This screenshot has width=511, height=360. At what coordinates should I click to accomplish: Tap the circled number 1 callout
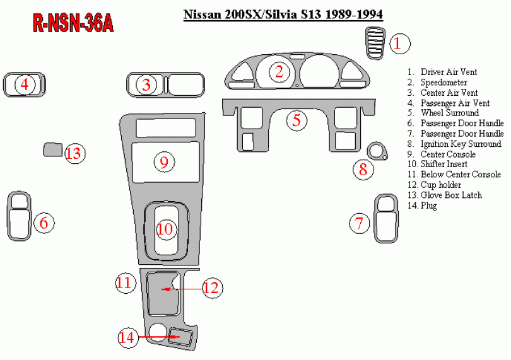pos(399,44)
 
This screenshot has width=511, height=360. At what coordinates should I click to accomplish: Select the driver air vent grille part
pos(374,44)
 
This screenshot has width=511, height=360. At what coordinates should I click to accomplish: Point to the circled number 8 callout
pos(363,169)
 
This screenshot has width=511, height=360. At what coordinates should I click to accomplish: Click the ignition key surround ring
pos(377,151)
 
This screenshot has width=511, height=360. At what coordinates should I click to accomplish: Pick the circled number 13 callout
pos(74,153)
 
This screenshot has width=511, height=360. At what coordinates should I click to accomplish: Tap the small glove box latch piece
pos(52,150)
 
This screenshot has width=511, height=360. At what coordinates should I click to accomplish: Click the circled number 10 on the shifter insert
pos(165,228)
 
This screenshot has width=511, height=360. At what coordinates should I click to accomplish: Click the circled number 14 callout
pos(127,337)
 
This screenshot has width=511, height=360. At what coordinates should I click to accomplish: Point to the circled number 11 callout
pos(126,282)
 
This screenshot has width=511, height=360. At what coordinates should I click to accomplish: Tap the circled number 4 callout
pos(25,84)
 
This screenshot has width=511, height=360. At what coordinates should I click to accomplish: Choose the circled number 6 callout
pos(44,223)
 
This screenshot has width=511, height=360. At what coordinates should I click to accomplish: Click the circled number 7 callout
pos(360,223)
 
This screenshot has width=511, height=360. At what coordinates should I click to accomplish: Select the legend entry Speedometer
pos(443,83)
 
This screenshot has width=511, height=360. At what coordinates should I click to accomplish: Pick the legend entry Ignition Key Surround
pos(461,144)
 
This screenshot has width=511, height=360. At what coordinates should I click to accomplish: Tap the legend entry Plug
pos(428,206)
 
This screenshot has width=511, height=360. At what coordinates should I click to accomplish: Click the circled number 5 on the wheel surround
pos(296,120)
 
